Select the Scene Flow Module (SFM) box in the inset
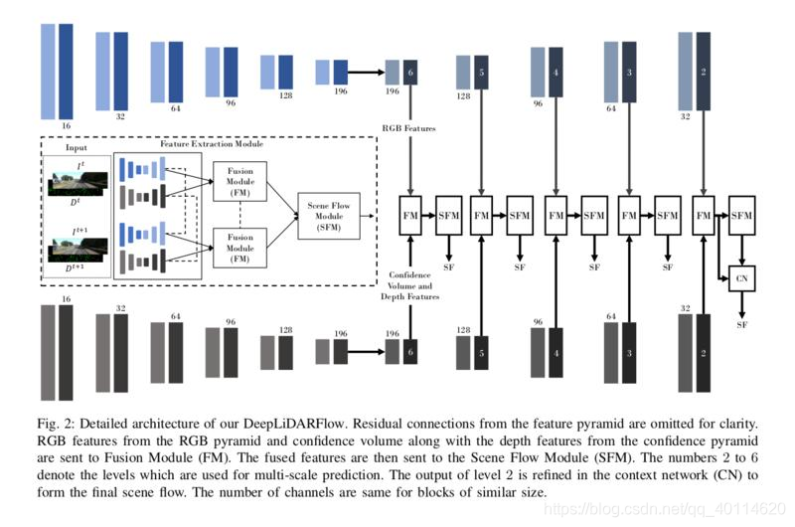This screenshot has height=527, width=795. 324,214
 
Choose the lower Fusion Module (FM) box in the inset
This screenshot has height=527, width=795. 239,246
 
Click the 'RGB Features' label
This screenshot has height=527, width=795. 408,128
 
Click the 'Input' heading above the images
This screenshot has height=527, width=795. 76,148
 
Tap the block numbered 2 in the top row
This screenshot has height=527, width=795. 703,73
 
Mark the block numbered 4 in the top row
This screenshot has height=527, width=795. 556,73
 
